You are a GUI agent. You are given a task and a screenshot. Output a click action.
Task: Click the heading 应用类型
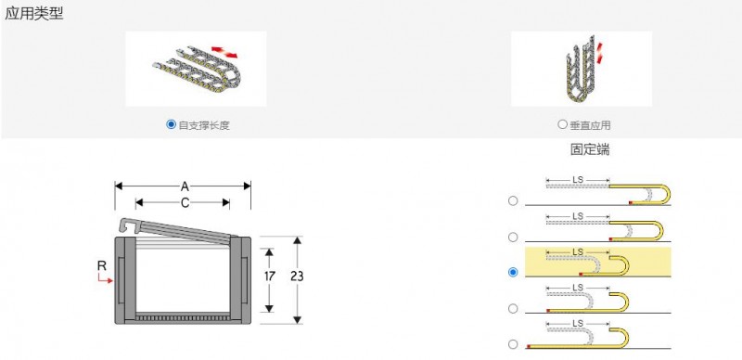pyautogui.click(x=34, y=13)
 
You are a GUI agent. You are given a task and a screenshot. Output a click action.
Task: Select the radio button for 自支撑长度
pyautogui.click(x=171, y=124)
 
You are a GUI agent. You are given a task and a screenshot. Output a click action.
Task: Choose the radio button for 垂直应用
pyautogui.click(x=562, y=124)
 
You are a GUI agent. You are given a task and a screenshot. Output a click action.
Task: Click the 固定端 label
pyautogui.click(x=590, y=149)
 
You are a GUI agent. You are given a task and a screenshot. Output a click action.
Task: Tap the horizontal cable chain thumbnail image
pyautogui.click(x=196, y=69)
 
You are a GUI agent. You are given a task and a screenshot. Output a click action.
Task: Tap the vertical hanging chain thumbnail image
pyautogui.click(x=582, y=69)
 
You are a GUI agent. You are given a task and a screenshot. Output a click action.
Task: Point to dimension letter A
pyautogui.click(x=185, y=186)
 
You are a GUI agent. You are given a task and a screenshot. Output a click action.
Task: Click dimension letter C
pyautogui.click(x=185, y=203)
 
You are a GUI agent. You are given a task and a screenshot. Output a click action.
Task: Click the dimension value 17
pyautogui.click(x=269, y=276)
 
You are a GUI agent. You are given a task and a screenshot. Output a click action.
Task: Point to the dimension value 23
pyautogui.click(x=297, y=276)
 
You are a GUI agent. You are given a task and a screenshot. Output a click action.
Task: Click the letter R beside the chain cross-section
pyautogui.click(x=102, y=265)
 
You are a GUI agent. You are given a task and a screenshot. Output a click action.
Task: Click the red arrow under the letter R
pyautogui.click(x=105, y=278)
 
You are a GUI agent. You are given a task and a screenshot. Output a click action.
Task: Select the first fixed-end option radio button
pyautogui.click(x=513, y=200)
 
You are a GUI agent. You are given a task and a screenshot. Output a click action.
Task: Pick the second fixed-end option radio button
pyautogui.click(x=513, y=237)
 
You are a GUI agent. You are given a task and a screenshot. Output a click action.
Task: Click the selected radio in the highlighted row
pyautogui.click(x=513, y=273)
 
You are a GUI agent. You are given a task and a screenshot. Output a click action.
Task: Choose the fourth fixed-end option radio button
pyautogui.click(x=513, y=308)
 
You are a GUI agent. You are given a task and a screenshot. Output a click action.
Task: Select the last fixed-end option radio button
pyautogui.click(x=513, y=344)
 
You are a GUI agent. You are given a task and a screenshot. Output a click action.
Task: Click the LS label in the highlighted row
pyautogui.click(x=578, y=251)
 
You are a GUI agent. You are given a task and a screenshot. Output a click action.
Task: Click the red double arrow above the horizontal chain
pyautogui.click(x=224, y=52)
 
